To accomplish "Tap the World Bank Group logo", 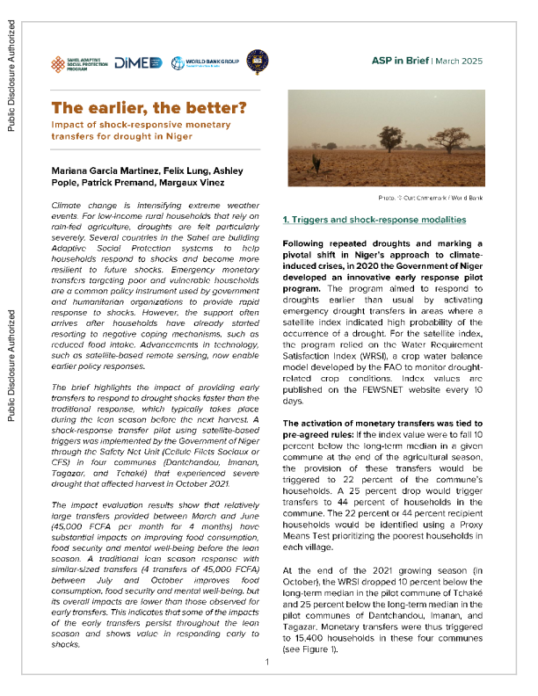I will [205, 62].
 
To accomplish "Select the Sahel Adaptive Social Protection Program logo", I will [83, 63].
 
